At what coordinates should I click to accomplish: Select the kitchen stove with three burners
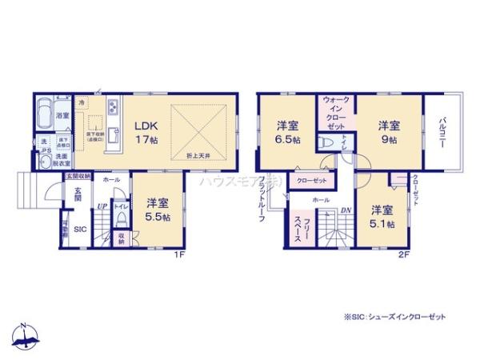click(x=114, y=103)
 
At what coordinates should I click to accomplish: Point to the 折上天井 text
click(x=199, y=154)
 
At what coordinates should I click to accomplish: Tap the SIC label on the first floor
click(x=81, y=230)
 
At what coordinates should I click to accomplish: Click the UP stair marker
click(x=102, y=206)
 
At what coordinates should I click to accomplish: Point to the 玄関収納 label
click(x=78, y=174)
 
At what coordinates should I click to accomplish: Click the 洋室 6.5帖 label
click(x=287, y=132)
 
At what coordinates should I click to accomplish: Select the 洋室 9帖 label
click(x=389, y=132)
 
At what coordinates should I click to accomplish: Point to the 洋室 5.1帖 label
click(x=382, y=216)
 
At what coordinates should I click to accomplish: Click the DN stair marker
click(x=346, y=210)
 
